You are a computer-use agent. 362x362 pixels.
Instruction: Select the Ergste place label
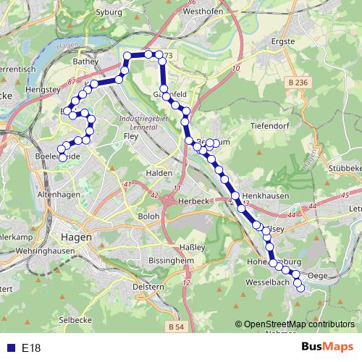pos(281,41)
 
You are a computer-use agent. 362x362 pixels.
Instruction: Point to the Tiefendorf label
pos(269,124)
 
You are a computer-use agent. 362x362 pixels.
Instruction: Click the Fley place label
pos(131,135)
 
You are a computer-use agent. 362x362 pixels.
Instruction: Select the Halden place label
pos(159,173)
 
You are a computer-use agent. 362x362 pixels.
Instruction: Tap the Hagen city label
pos(76,237)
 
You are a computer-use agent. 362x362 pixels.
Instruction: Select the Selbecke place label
pos(75,319)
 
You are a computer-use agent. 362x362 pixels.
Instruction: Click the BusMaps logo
pos(327,348)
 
